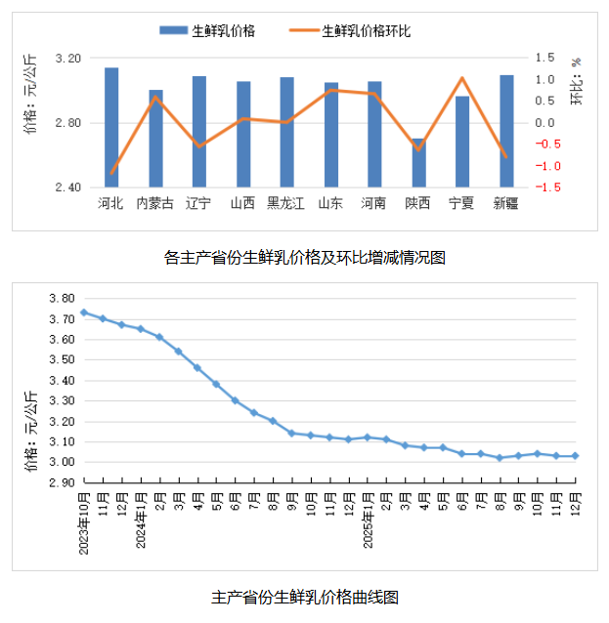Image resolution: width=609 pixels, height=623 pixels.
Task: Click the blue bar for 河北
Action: (x=111, y=127)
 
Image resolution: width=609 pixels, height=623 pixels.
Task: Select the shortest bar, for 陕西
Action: (x=418, y=163)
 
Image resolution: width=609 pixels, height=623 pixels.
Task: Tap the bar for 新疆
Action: (x=506, y=131)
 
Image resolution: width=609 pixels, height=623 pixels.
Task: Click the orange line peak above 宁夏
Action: (x=461, y=79)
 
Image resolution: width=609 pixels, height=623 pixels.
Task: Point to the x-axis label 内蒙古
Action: (x=155, y=203)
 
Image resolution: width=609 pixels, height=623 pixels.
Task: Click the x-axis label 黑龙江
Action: (x=286, y=203)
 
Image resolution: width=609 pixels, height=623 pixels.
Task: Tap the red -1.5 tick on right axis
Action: (x=547, y=187)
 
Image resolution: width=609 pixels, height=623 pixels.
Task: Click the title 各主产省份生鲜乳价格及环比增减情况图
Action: (x=305, y=258)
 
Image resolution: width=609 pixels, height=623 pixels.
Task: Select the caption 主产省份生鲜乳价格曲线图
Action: (x=305, y=597)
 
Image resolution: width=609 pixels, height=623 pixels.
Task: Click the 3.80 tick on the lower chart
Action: (x=63, y=298)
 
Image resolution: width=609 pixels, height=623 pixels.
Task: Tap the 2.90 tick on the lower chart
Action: (x=63, y=482)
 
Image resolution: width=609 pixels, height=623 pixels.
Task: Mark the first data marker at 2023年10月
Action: (x=84, y=312)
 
